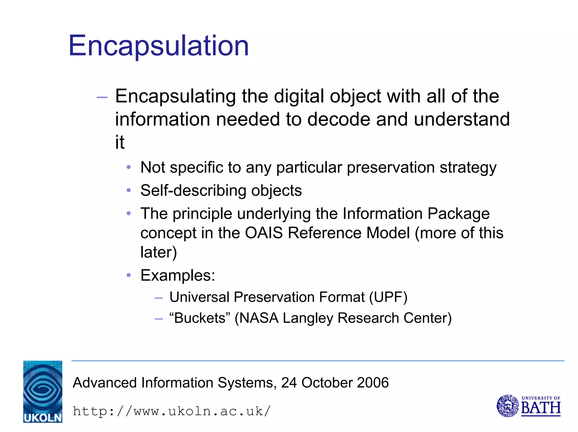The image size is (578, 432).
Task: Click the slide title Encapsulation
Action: (x=159, y=46)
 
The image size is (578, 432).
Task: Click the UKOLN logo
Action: (x=43, y=391)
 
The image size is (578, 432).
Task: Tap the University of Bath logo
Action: (x=528, y=406)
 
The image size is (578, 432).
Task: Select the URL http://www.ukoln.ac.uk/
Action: (x=172, y=411)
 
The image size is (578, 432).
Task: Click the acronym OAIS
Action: (x=264, y=233)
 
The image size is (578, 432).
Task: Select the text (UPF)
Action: (x=388, y=297)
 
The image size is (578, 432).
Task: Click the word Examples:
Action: (x=178, y=275)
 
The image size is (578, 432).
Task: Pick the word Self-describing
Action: (x=193, y=190)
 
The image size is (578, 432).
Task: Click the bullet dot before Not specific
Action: (x=129, y=167)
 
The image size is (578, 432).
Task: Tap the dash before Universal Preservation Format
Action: (x=159, y=298)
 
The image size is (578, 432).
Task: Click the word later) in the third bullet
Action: (x=159, y=252)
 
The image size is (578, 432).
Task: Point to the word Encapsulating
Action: (x=175, y=97)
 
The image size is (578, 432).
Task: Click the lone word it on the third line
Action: (x=120, y=142)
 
